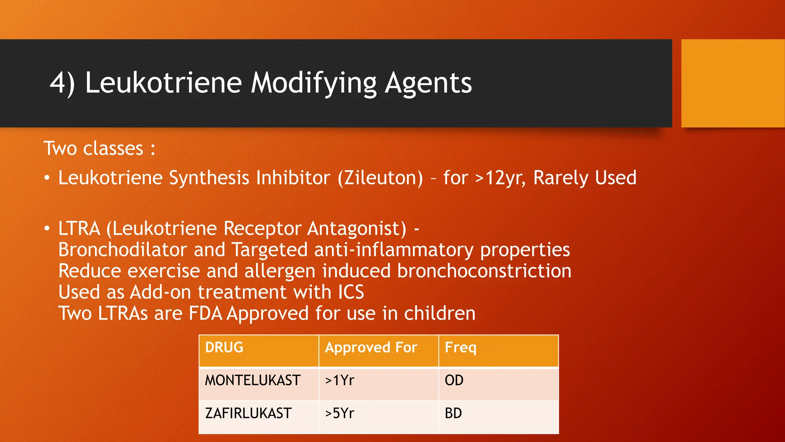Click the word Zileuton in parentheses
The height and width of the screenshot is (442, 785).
tap(380, 178)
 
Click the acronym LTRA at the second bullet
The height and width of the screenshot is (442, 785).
tap(79, 228)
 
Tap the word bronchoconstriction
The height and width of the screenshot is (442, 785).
tap(484, 271)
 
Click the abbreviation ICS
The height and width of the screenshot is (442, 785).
tap(351, 292)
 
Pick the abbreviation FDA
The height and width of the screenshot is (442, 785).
tap(205, 313)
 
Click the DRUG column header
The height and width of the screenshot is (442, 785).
tap(224, 347)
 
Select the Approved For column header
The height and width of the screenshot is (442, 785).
tap(371, 347)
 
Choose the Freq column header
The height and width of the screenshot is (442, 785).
tap(460, 348)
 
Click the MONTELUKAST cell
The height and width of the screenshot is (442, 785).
tap(253, 380)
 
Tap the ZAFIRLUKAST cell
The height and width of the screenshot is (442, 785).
tap(248, 413)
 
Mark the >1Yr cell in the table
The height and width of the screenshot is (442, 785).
tap(340, 380)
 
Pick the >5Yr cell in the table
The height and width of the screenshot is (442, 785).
tap(340, 413)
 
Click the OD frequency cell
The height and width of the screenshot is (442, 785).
tap(454, 380)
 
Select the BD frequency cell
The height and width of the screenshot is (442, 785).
tap(453, 413)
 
